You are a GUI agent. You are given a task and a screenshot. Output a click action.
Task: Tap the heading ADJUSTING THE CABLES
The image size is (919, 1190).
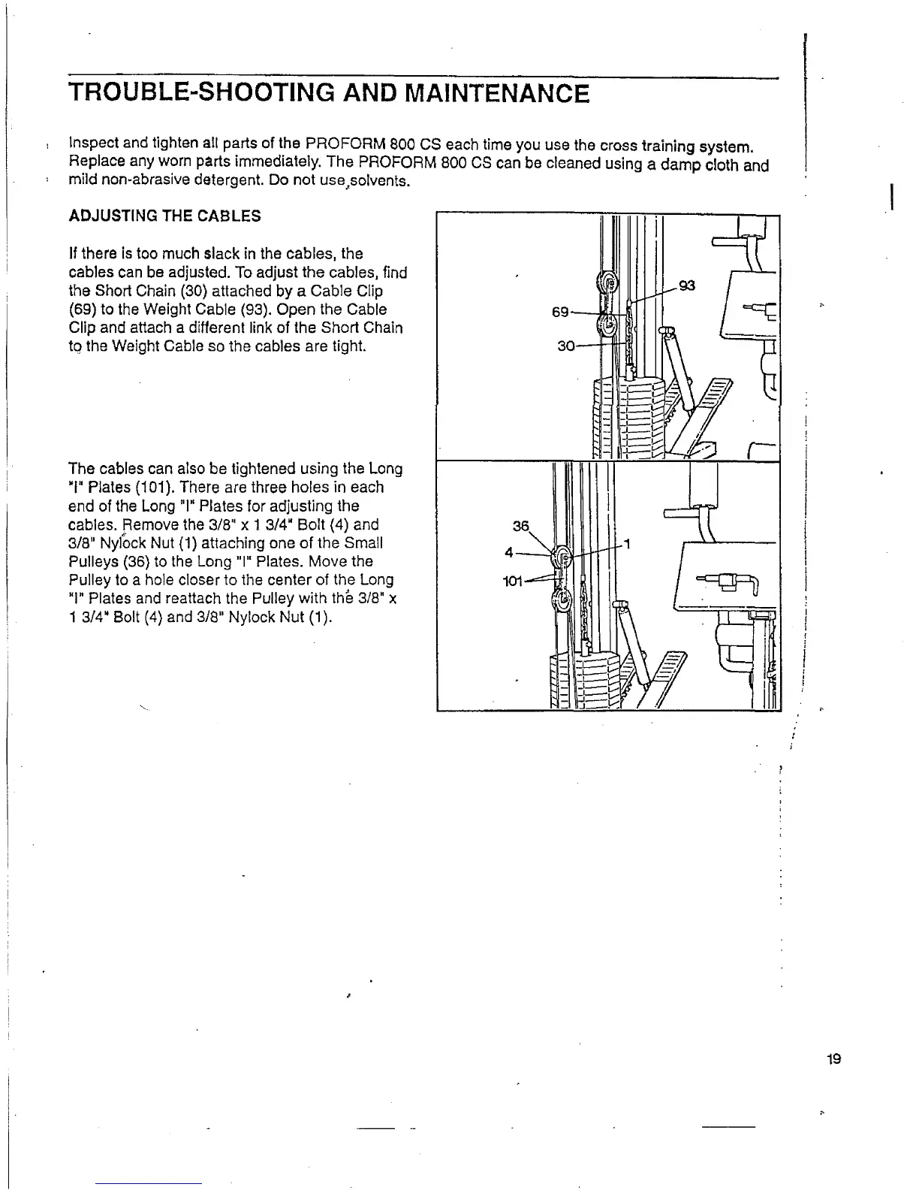(x=165, y=216)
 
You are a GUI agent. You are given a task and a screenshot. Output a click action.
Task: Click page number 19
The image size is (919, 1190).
(x=833, y=1060)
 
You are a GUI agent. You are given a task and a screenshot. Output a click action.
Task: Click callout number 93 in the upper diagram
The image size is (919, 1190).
(x=686, y=285)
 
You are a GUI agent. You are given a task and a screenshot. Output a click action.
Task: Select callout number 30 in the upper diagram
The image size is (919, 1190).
(x=565, y=346)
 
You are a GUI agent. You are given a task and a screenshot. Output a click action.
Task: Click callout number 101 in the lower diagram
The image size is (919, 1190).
(x=512, y=581)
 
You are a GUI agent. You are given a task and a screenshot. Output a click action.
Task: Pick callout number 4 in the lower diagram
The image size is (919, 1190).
(x=509, y=552)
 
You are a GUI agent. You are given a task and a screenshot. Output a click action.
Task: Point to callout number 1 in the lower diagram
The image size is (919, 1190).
(x=627, y=544)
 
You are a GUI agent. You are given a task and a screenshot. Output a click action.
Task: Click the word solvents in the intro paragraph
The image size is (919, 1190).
(x=383, y=183)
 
